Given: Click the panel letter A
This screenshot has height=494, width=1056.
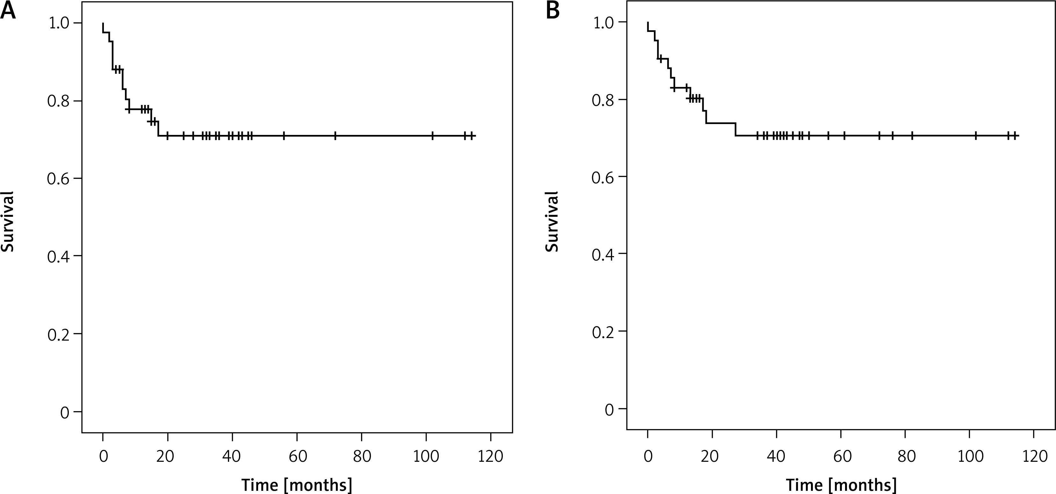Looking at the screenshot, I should pos(8,11).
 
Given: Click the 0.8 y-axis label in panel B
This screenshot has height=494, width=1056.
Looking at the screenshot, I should pos(604,100).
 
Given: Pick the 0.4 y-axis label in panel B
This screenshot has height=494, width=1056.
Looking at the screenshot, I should pos(604,255).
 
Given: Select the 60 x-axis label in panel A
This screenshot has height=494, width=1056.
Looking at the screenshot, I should pos(297,457).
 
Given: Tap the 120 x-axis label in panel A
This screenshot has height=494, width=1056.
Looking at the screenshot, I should pos(491,457).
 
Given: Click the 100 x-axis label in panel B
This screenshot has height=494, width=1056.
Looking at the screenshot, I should pos(970,457).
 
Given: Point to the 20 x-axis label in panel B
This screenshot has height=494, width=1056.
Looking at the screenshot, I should pos(712,457).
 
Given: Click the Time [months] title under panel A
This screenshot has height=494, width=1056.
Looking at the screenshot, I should pos(296,484).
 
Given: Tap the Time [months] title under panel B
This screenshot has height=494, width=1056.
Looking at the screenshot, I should pos(841,484).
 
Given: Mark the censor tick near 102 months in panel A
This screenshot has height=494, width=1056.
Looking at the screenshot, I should pos(432,136).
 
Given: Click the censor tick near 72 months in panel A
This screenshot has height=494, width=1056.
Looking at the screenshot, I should pos(335,136).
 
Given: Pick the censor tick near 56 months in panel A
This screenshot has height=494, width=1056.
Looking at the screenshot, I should pos(284,136).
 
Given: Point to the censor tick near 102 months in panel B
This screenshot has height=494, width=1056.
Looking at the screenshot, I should pos(976,136).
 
